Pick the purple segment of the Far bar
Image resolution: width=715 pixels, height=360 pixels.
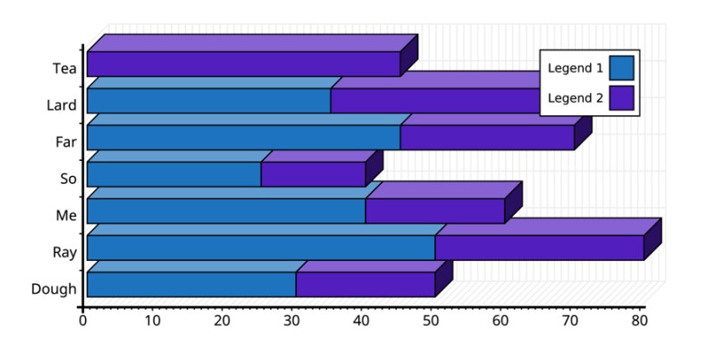click(487, 138)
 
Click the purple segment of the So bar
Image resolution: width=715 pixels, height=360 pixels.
click(313, 174)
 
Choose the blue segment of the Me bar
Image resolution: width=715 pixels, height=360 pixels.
click(226, 211)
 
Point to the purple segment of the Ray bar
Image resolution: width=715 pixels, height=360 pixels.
click(539, 247)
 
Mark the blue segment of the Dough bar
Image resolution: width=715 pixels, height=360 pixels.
click(191, 284)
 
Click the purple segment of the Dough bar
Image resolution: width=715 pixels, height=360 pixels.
click(365, 284)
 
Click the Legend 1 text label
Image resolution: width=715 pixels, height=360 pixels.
click(575, 69)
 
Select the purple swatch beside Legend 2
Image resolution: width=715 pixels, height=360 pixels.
click(621, 98)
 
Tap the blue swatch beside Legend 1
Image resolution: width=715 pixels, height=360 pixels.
click(621, 69)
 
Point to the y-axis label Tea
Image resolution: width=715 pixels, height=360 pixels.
click(64, 69)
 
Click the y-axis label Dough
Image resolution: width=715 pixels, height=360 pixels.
click(54, 289)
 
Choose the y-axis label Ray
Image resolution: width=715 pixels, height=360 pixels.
click(64, 252)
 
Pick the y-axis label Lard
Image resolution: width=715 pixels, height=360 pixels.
click(62, 105)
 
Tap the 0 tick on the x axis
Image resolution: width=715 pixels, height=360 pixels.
click(83, 320)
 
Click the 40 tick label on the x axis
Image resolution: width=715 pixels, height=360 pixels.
click(361, 320)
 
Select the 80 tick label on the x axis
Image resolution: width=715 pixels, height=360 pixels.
click(639, 320)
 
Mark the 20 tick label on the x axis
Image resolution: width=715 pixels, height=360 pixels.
click(222, 320)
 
